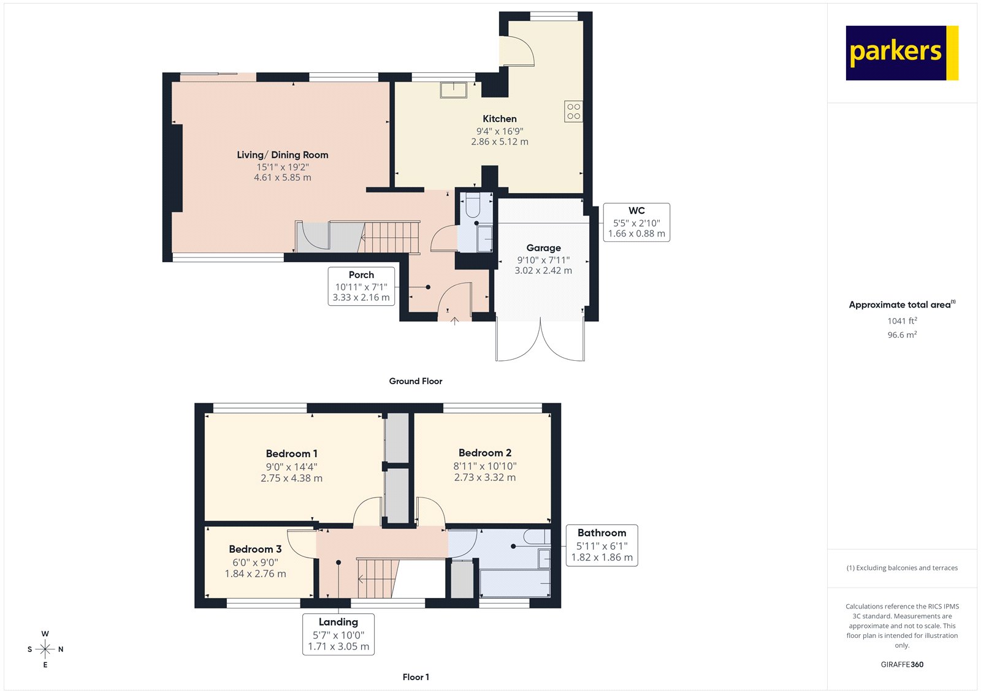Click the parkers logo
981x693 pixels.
click(x=901, y=53)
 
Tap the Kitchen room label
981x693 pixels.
click(x=499, y=119)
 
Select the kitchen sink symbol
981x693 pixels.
click(x=453, y=89)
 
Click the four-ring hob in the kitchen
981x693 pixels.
click(x=573, y=111)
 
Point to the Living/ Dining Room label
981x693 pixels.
click(x=283, y=155)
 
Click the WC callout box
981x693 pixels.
click(x=636, y=222)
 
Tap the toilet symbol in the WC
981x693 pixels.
click(x=473, y=204)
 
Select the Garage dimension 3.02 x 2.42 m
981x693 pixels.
click(x=543, y=270)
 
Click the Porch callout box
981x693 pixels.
click(x=361, y=286)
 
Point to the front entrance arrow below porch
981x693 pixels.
click(x=454, y=320)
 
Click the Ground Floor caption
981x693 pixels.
click(x=415, y=381)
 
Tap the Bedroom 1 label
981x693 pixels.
click(x=291, y=453)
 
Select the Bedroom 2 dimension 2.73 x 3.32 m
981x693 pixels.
click(x=485, y=477)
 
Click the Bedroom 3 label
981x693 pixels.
click(x=255, y=549)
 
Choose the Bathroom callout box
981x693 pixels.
click(x=601, y=545)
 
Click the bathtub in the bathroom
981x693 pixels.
click(x=515, y=583)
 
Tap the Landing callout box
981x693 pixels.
click(x=338, y=634)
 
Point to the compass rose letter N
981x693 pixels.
click(x=61, y=649)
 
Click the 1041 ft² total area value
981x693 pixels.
click(x=902, y=320)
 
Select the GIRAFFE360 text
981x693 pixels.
click(x=902, y=664)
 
